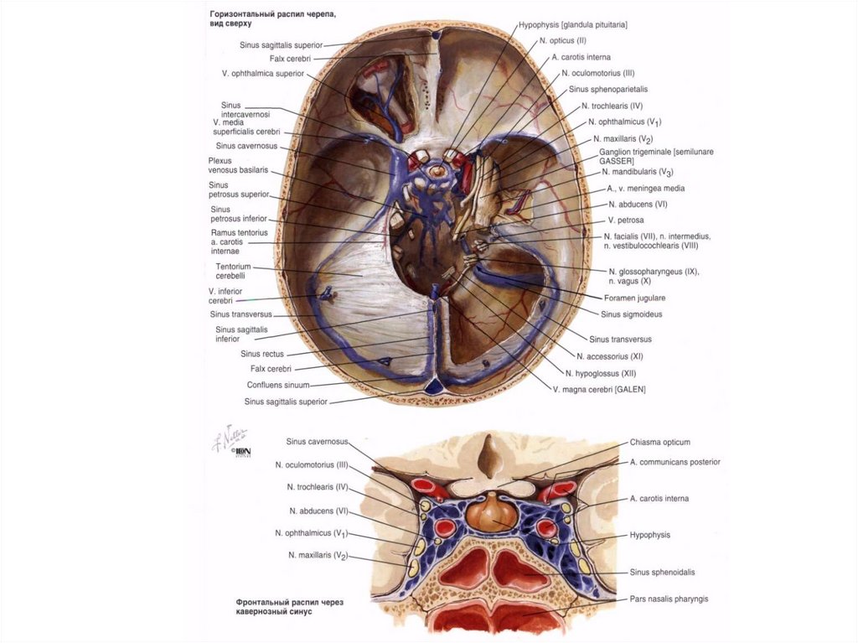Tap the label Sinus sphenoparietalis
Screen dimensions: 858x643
tap(607, 89)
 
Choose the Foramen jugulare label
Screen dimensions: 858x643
tap(634, 298)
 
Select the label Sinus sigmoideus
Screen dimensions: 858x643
tap(631, 314)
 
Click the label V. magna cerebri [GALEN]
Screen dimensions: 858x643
tap(598, 389)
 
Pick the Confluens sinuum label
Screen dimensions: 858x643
tap(278, 385)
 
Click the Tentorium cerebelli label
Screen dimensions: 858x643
tap(235, 272)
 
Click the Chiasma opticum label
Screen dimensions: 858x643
tap(659, 442)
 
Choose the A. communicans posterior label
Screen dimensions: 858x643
tap(675, 462)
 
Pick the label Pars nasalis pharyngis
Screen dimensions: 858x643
tap(669, 599)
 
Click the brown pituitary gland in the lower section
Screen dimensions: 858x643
tap(488, 511)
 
